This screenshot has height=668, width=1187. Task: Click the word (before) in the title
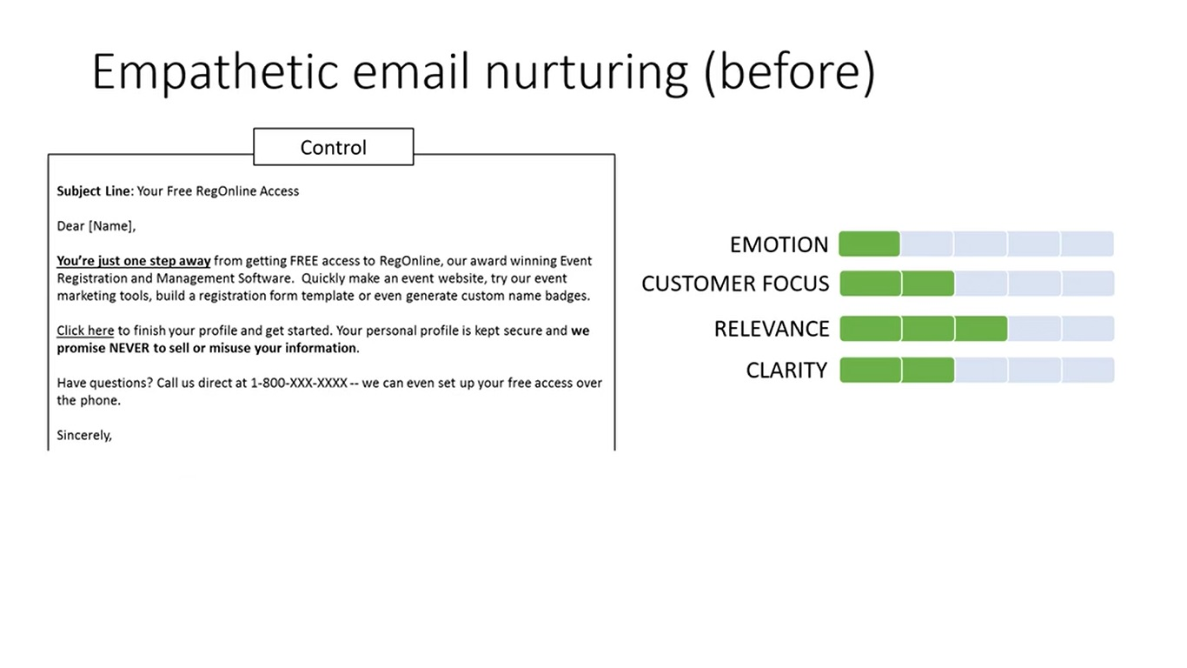click(x=790, y=73)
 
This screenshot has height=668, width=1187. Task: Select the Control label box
click(x=334, y=147)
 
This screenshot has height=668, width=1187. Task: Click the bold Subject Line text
click(x=93, y=191)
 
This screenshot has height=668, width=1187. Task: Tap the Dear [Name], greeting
click(x=96, y=226)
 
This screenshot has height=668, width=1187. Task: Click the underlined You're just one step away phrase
click(x=134, y=261)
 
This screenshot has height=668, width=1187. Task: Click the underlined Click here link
click(x=85, y=331)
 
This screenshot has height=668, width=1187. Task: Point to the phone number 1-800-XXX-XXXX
click(x=299, y=383)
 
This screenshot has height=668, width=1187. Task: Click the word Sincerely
click(x=83, y=436)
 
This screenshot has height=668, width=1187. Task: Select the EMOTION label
click(x=779, y=245)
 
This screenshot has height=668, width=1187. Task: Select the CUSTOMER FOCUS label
click(x=735, y=284)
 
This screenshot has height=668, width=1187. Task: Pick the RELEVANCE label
click(x=772, y=329)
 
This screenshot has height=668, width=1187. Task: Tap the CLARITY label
click(x=786, y=371)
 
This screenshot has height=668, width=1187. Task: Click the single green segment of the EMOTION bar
click(x=869, y=244)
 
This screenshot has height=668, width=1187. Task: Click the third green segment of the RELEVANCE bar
click(x=981, y=329)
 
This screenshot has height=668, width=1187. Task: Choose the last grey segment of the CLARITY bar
click(x=1088, y=370)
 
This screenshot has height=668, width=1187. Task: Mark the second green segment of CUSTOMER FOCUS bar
click(x=928, y=284)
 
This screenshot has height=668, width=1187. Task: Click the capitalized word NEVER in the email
click(x=129, y=348)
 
